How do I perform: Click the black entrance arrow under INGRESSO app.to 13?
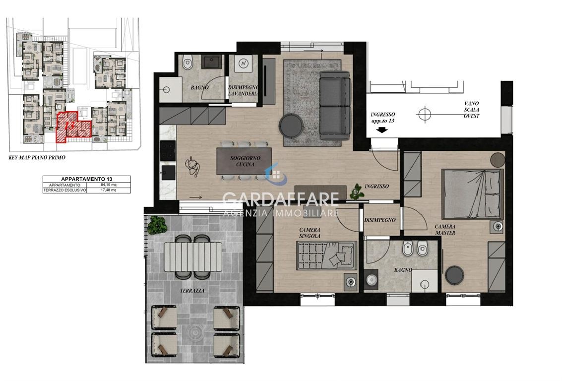(x=382, y=130)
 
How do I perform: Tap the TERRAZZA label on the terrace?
(x=192, y=291)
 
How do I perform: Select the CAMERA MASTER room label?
(x=445, y=229)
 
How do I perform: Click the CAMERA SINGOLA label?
(x=310, y=233)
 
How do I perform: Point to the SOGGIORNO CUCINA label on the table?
(x=245, y=161)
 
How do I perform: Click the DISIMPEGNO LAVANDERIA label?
(x=243, y=90)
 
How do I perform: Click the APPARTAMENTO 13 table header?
(x=86, y=179)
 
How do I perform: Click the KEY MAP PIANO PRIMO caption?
(x=37, y=157)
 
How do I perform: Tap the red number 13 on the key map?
(x=69, y=126)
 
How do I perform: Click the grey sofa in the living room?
(x=335, y=105)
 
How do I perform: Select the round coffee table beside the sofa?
(x=291, y=125)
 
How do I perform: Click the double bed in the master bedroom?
(x=472, y=193)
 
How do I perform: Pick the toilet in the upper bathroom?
(x=187, y=63)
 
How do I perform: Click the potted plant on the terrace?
(x=157, y=225)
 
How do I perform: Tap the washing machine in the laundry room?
(x=244, y=64)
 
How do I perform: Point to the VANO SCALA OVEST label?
(x=471, y=110)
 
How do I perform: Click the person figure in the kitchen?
(x=193, y=166)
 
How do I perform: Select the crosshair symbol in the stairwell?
(x=425, y=115)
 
